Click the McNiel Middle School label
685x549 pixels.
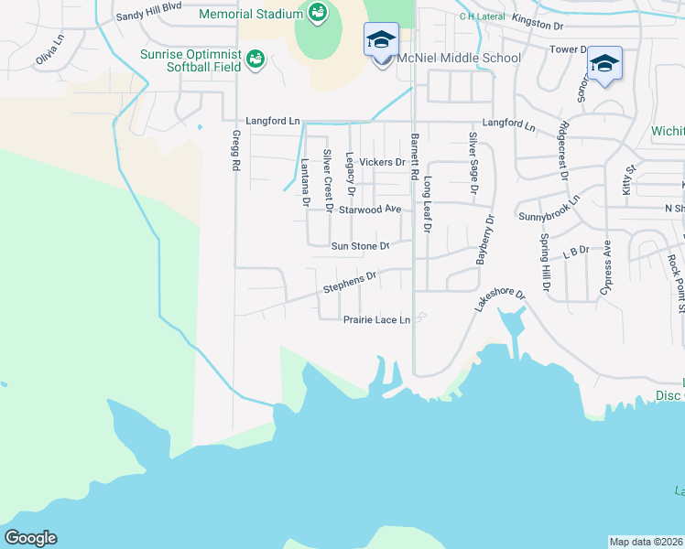458,59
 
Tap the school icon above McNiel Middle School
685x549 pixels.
381,40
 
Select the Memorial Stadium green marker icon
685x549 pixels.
318,12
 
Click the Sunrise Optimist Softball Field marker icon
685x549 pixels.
256,59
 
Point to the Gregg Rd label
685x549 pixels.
235,152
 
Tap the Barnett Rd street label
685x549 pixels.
415,155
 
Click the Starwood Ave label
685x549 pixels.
370,210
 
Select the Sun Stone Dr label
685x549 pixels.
360,246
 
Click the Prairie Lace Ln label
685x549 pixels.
376,320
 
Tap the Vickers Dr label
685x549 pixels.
382,162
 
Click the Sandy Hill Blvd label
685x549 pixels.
150,17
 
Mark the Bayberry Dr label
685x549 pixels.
484,240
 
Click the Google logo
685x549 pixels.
30,538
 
